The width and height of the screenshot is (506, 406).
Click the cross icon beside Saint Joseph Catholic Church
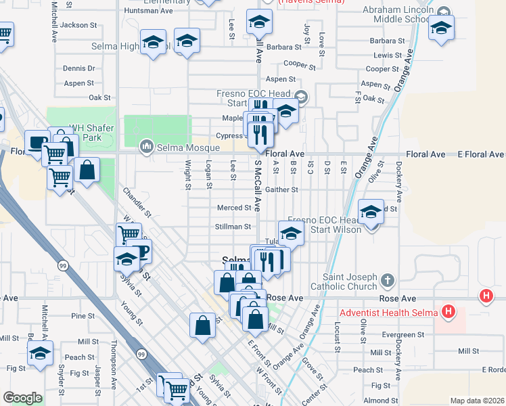tap(387, 279)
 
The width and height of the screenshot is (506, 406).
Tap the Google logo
tap(22, 398)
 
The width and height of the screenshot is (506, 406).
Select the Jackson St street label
tap(78, 25)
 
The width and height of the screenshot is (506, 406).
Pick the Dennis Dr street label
tap(78, 68)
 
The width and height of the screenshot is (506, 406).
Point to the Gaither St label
tap(281, 190)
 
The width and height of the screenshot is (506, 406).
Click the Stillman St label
tap(233, 227)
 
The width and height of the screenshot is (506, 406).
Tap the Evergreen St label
tap(402, 334)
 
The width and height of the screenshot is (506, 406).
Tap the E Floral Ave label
tap(478, 154)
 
